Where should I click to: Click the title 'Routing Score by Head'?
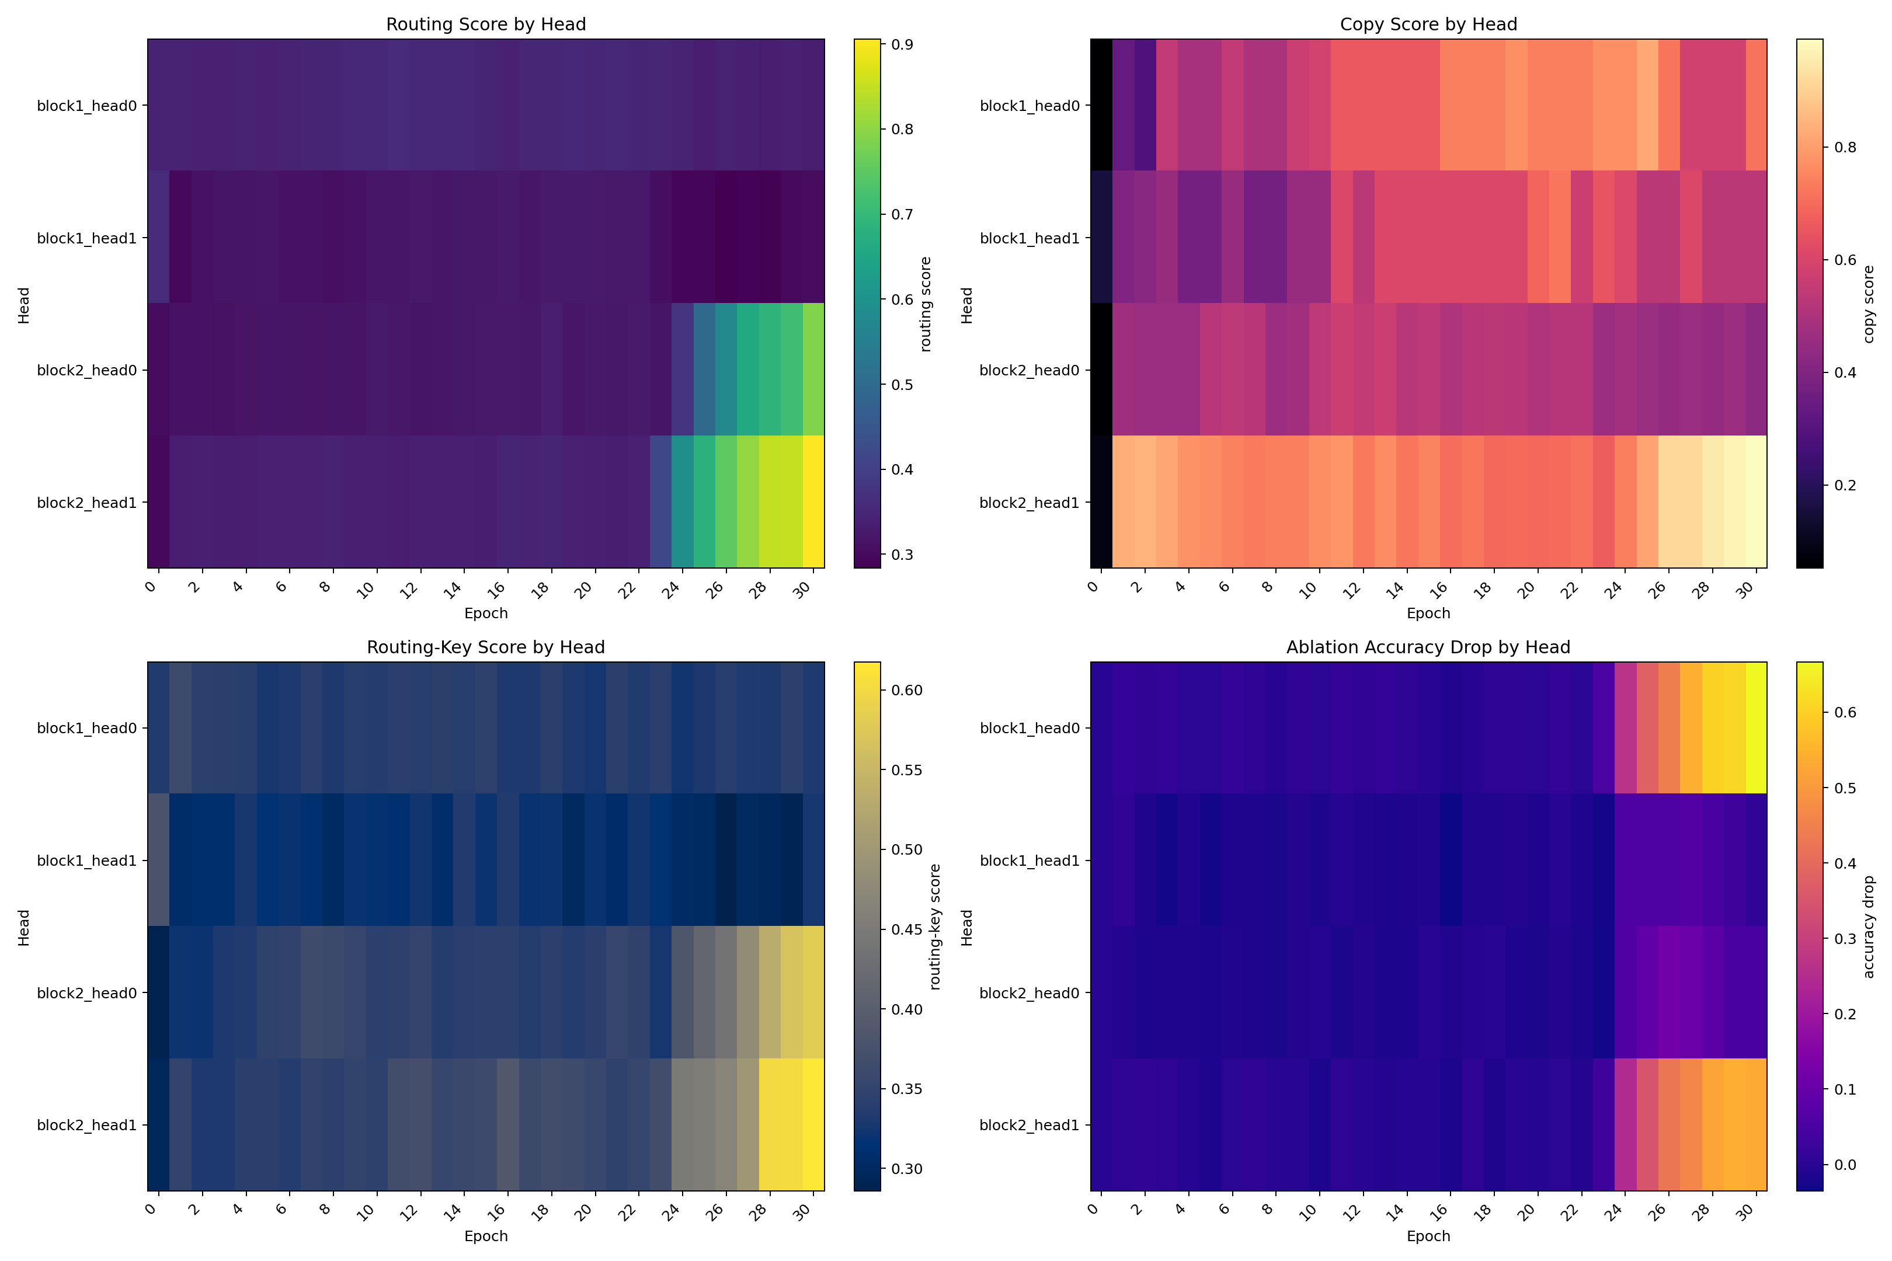(486, 24)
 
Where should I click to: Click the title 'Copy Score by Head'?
(1428, 24)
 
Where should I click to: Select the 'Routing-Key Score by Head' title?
(486, 647)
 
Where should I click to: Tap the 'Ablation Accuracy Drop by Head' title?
(1428, 647)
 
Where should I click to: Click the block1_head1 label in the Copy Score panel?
(1029, 238)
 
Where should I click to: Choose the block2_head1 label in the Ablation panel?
(1029, 1125)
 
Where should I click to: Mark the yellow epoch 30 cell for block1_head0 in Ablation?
(1756, 728)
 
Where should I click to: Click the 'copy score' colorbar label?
(1869, 304)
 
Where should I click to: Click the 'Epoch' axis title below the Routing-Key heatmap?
(486, 1236)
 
